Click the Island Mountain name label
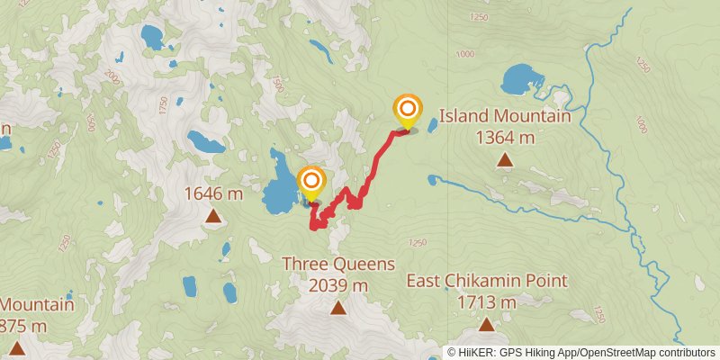tap(505, 117)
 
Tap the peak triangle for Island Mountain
tap(505, 161)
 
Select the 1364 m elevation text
tap(505, 138)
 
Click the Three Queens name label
tap(338, 264)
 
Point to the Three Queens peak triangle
tap(337, 308)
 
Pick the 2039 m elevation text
tap(338, 285)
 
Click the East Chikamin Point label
tap(487, 281)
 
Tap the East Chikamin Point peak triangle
tap(487, 324)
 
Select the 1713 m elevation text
tap(487, 302)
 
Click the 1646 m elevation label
tap(213, 193)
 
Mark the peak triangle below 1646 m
tap(213, 215)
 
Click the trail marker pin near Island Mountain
tap(408, 111)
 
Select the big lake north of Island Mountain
tap(520, 80)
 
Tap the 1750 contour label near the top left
tap(163, 105)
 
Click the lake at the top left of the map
tap(151, 37)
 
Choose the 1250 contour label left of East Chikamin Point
tap(417, 242)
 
